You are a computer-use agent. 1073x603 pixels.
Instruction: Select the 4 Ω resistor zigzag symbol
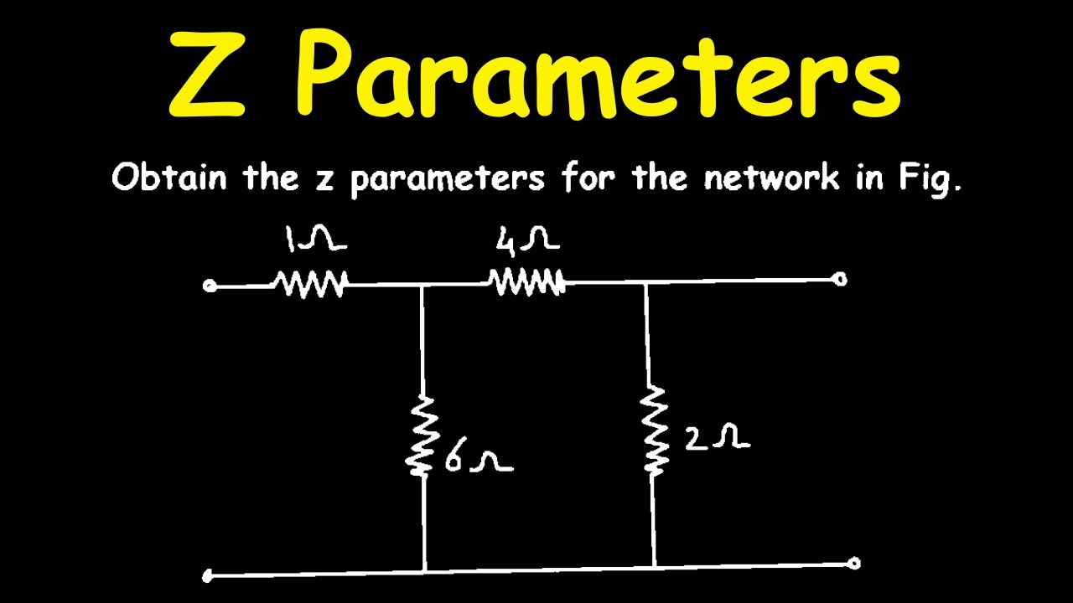point(526,282)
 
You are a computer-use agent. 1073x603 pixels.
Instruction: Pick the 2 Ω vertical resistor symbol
point(651,430)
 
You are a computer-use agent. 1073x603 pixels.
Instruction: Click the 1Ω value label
point(316,239)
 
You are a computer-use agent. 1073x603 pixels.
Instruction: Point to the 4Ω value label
point(527,240)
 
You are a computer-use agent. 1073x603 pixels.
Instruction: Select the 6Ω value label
point(479,460)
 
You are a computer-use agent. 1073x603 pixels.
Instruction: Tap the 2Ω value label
point(717,438)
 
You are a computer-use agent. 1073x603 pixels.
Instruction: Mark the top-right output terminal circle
point(840,279)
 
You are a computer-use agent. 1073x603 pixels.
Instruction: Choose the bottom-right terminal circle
point(853,564)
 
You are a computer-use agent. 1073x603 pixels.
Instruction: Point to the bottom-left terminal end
point(207,575)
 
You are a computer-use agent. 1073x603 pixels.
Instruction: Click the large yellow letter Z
point(207,75)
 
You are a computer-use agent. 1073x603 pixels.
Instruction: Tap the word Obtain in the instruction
point(169,177)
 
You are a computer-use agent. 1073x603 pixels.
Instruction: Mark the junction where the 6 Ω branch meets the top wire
point(421,286)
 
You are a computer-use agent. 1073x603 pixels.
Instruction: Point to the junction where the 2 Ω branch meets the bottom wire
point(655,567)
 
